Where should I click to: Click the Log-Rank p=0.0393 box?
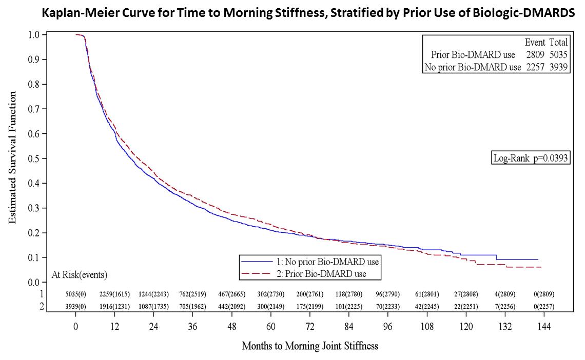pyautogui.click(x=531, y=158)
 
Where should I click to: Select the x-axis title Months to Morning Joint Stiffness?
pyautogui.click(x=310, y=346)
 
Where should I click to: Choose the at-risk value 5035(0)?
pyautogui.click(x=75, y=294)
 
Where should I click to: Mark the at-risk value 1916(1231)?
pyautogui.click(x=115, y=307)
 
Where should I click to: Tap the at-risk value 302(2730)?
pyautogui.click(x=270, y=294)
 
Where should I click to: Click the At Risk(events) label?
pyautogui.click(x=80, y=275)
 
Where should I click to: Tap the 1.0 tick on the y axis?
pyautogui.click(x=33, y=35)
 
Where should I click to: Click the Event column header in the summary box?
pyautogui.click(x=535, y=43)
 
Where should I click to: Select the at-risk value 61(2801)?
pyautogui.click(x=426, y=294)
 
